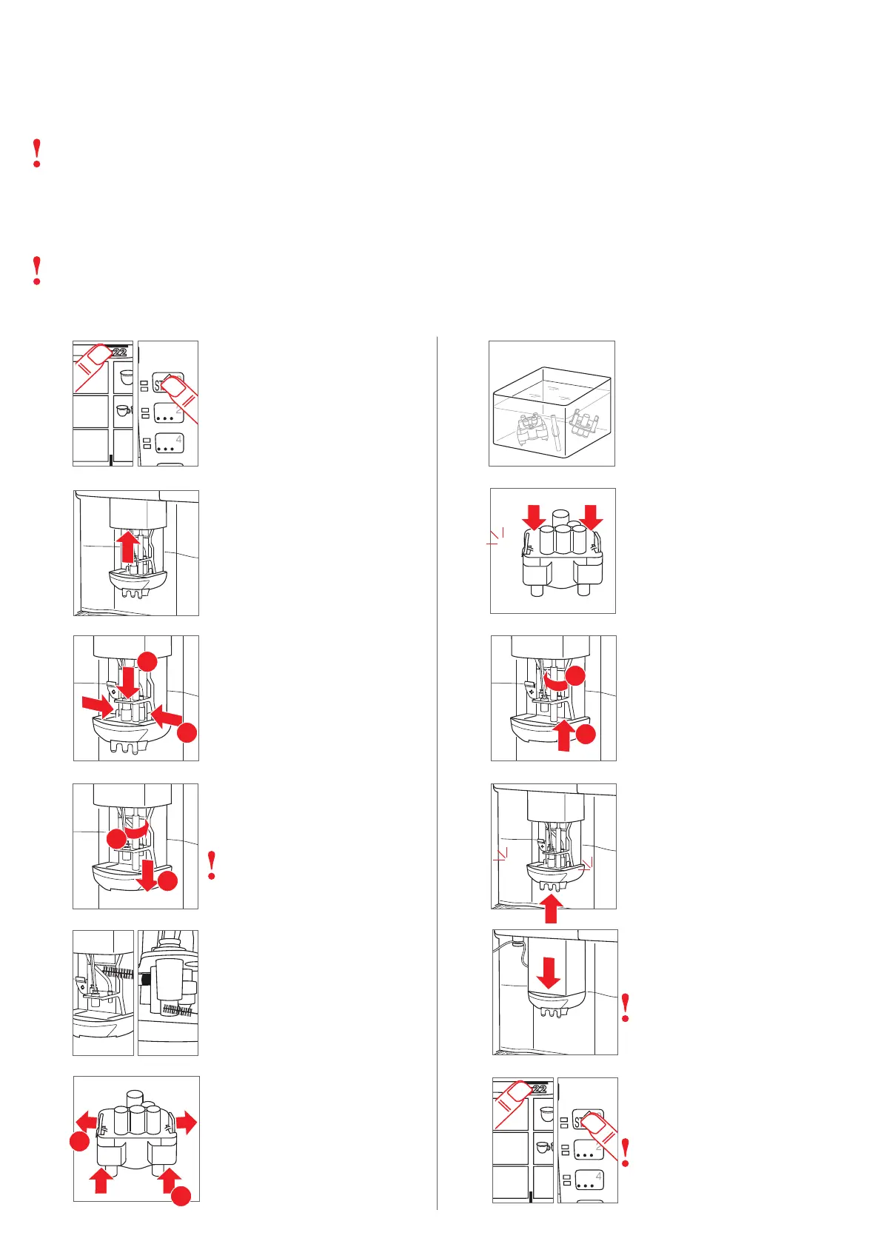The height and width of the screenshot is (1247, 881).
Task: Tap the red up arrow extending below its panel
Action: [551, 909]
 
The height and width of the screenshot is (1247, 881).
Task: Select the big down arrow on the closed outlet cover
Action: [549, 972]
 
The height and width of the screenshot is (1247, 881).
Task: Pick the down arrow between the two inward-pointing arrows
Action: [129, 681]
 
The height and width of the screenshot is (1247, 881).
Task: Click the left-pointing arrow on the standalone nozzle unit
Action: [87, 1121]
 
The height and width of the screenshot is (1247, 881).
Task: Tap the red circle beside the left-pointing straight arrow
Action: [79, 1142]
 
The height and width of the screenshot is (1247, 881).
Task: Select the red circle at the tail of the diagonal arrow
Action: [187, 733]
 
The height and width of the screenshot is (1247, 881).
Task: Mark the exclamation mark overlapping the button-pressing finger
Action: [626, 1152]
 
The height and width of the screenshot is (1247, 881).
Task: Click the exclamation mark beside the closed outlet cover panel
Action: [626, 1008]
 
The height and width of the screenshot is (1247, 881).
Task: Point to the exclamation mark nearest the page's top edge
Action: [37, 153]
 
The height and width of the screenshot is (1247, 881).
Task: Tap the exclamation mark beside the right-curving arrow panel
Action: [212, 865]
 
